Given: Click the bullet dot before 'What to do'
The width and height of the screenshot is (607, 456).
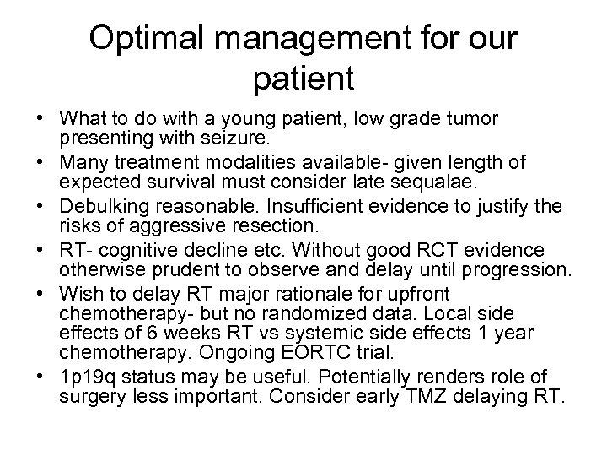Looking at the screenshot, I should tap(30, 117).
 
